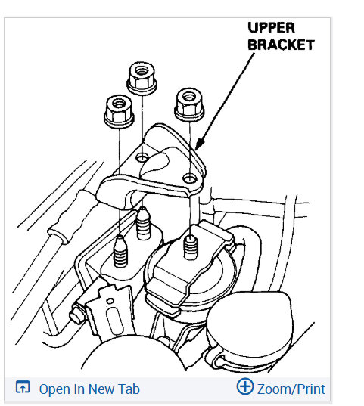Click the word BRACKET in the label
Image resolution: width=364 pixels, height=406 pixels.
pyautogui.click(x=281, y=45)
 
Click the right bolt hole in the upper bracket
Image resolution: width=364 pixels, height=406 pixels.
pyautogui.click(x=188, y=178)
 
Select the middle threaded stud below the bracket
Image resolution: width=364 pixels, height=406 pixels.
pyautogui.click(x=142, y=224)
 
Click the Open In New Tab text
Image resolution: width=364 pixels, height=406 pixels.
pyautogui.click(x=89, y=389)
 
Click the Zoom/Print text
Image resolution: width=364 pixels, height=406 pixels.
pyautogui.click(x=291, y=389)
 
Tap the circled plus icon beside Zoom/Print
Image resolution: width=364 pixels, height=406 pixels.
pyautogui.click(x=244, y=388)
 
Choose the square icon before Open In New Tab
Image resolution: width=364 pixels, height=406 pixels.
pyautogui.click(x=23, y=389)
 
